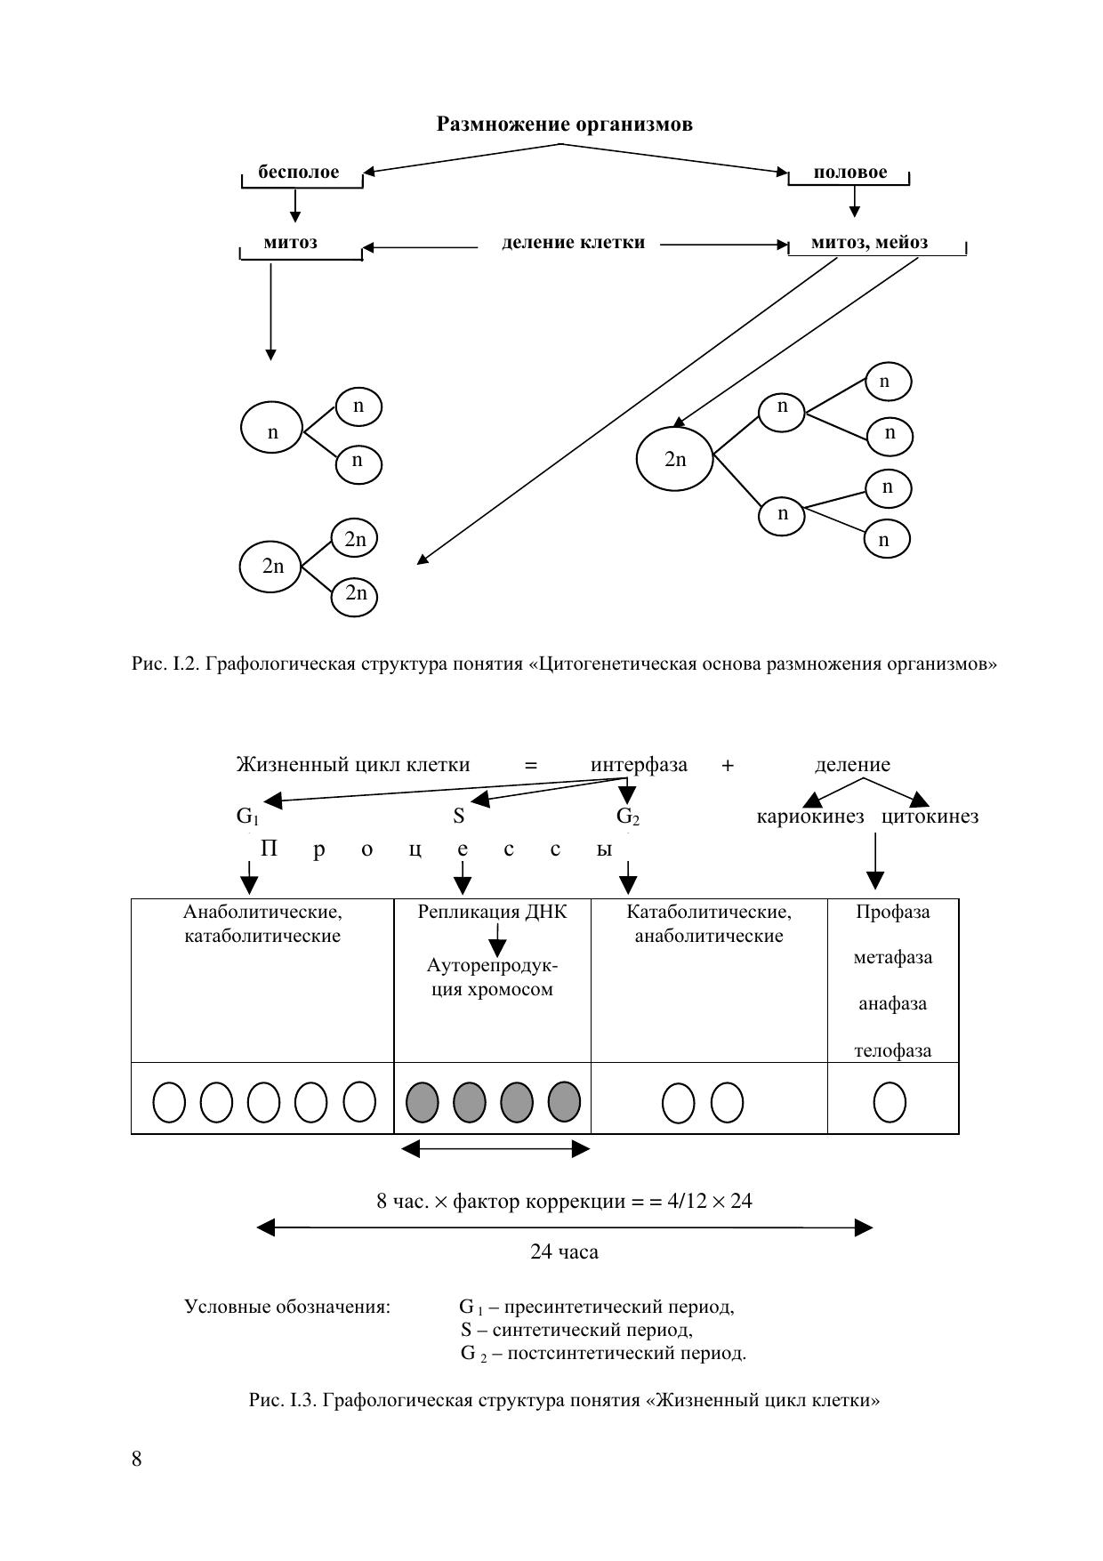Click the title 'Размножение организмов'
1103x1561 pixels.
[x=564, y=125]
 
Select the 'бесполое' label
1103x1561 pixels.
[x=299, y=173]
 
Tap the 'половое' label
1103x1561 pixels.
[x=849, y=173]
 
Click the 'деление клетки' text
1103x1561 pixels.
[x=573, y=243]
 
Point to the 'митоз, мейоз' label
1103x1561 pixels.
[x=869, y=243]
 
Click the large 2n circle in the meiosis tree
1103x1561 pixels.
[x=675, y=460]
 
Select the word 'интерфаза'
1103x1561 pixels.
[x=639, y=765]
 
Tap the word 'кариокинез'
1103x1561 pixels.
[x=809, y=817]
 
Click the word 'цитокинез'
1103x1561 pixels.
[x=930, y=817]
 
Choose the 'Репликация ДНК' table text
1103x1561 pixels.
[x=492, y=912]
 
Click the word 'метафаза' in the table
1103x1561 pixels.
[x=892, y=958]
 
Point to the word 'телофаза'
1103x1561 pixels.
[x=892, y=1050]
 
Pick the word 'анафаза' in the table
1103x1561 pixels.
[x=892, y=1004]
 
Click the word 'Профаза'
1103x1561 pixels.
[x=892, y=912]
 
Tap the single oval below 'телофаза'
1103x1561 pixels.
[x=890, y=1103]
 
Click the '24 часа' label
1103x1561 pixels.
[x=564, y=1252]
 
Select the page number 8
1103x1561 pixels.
[x=136, y=1459]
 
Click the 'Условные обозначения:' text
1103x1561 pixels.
[x=287, y=1307]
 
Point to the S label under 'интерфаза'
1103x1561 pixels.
[x=459, y=817]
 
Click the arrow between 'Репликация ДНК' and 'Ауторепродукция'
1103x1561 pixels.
[x=498, y=941]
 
